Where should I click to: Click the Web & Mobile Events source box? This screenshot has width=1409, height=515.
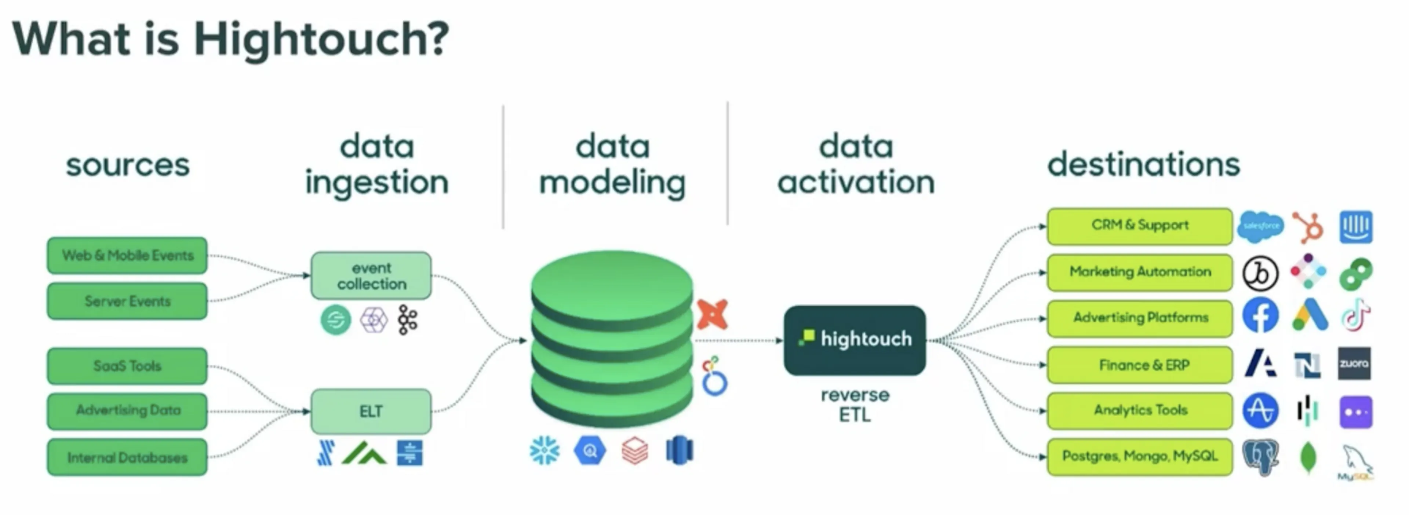point(127,255)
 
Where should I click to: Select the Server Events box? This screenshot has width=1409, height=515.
point(127,301)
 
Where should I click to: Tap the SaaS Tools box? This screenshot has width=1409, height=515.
point(127,366)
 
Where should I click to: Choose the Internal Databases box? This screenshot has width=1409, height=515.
point(127,457)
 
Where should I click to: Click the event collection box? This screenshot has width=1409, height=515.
point(371,275)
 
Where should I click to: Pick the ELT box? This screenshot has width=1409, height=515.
point(371,411)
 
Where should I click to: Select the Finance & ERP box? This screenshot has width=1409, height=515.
point(1140,365)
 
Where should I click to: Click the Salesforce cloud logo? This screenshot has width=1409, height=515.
point(1260,226)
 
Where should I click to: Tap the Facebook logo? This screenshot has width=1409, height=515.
point(1260,315)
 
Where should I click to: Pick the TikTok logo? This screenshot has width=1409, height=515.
point(1355,315)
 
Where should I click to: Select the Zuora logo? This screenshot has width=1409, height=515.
point(1354,363)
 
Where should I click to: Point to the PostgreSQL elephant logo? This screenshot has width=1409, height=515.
point(1260,457)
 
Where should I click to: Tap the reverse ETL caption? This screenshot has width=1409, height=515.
point(855,405)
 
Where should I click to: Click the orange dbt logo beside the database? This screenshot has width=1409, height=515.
point(712,314)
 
